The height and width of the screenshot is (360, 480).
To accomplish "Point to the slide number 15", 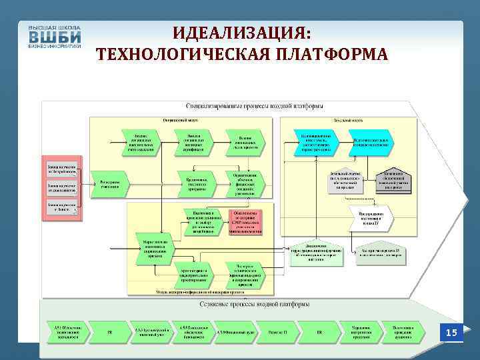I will coord(451,332).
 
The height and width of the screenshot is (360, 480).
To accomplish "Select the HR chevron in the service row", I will coord(319,332).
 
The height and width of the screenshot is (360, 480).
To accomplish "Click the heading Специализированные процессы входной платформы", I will coord(255,106).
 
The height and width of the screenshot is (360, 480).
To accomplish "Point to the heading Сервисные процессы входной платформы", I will coord(255,305).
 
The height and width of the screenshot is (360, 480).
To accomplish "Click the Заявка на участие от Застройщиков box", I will coord(61,169).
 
